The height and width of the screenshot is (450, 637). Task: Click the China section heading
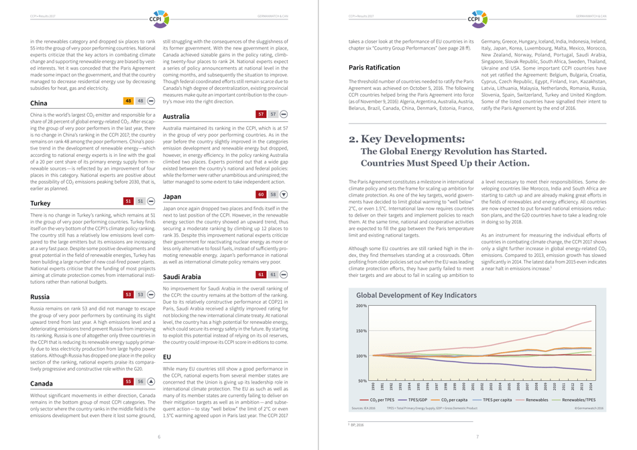tap(39, 103)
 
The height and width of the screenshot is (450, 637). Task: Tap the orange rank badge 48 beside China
tap(129, 101)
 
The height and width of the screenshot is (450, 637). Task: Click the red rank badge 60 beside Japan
tap(262, 194)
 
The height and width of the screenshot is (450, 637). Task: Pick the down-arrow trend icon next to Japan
tap(284, 194)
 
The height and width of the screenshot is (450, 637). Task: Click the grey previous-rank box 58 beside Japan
tap(273, 194)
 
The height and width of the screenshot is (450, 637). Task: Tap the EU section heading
tap(168, 357)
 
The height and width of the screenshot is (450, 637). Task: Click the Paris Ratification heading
tap(374, 68)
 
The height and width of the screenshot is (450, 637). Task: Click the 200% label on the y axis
tap(361, 306)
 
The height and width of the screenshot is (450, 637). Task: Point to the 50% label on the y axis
tap(362, 381)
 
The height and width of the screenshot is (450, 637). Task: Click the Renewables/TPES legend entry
tap(579, 400)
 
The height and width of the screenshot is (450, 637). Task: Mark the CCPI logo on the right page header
tap(477, 16)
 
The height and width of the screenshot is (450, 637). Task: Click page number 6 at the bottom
tap(159, 437)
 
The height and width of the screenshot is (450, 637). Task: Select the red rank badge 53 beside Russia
tap(129, 294)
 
